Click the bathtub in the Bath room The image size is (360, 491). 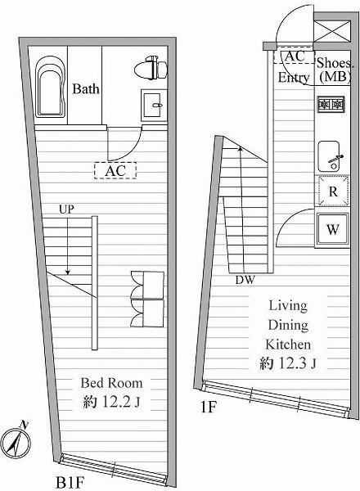[x=50, y=87]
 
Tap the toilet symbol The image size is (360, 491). [x=151, y=68]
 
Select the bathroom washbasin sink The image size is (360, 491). [x=154, y=106]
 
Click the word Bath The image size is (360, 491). [x=86, y=89]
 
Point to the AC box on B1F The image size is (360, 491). [x=115, y=171]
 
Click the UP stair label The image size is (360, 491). [x=66, y=209]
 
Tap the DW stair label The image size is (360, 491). [x=245, y=280]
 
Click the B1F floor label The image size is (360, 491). [x=70, y=483]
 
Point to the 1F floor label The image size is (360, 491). [x=209, y=408]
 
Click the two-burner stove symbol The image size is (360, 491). [x=331, y=104]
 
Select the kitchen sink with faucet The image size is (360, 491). [x=330, y=156]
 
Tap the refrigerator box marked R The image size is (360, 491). [x=333, y=191]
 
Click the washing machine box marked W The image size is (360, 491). [x=332, y=229]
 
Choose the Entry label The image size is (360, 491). [x=294, y=78]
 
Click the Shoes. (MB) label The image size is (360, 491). [x=335, y=70]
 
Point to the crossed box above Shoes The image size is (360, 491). [x=332, y=31]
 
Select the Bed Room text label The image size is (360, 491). [x=111, y=383]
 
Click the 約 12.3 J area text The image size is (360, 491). [x=288, y=363]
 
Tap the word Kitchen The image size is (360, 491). [x=288, y=345]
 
